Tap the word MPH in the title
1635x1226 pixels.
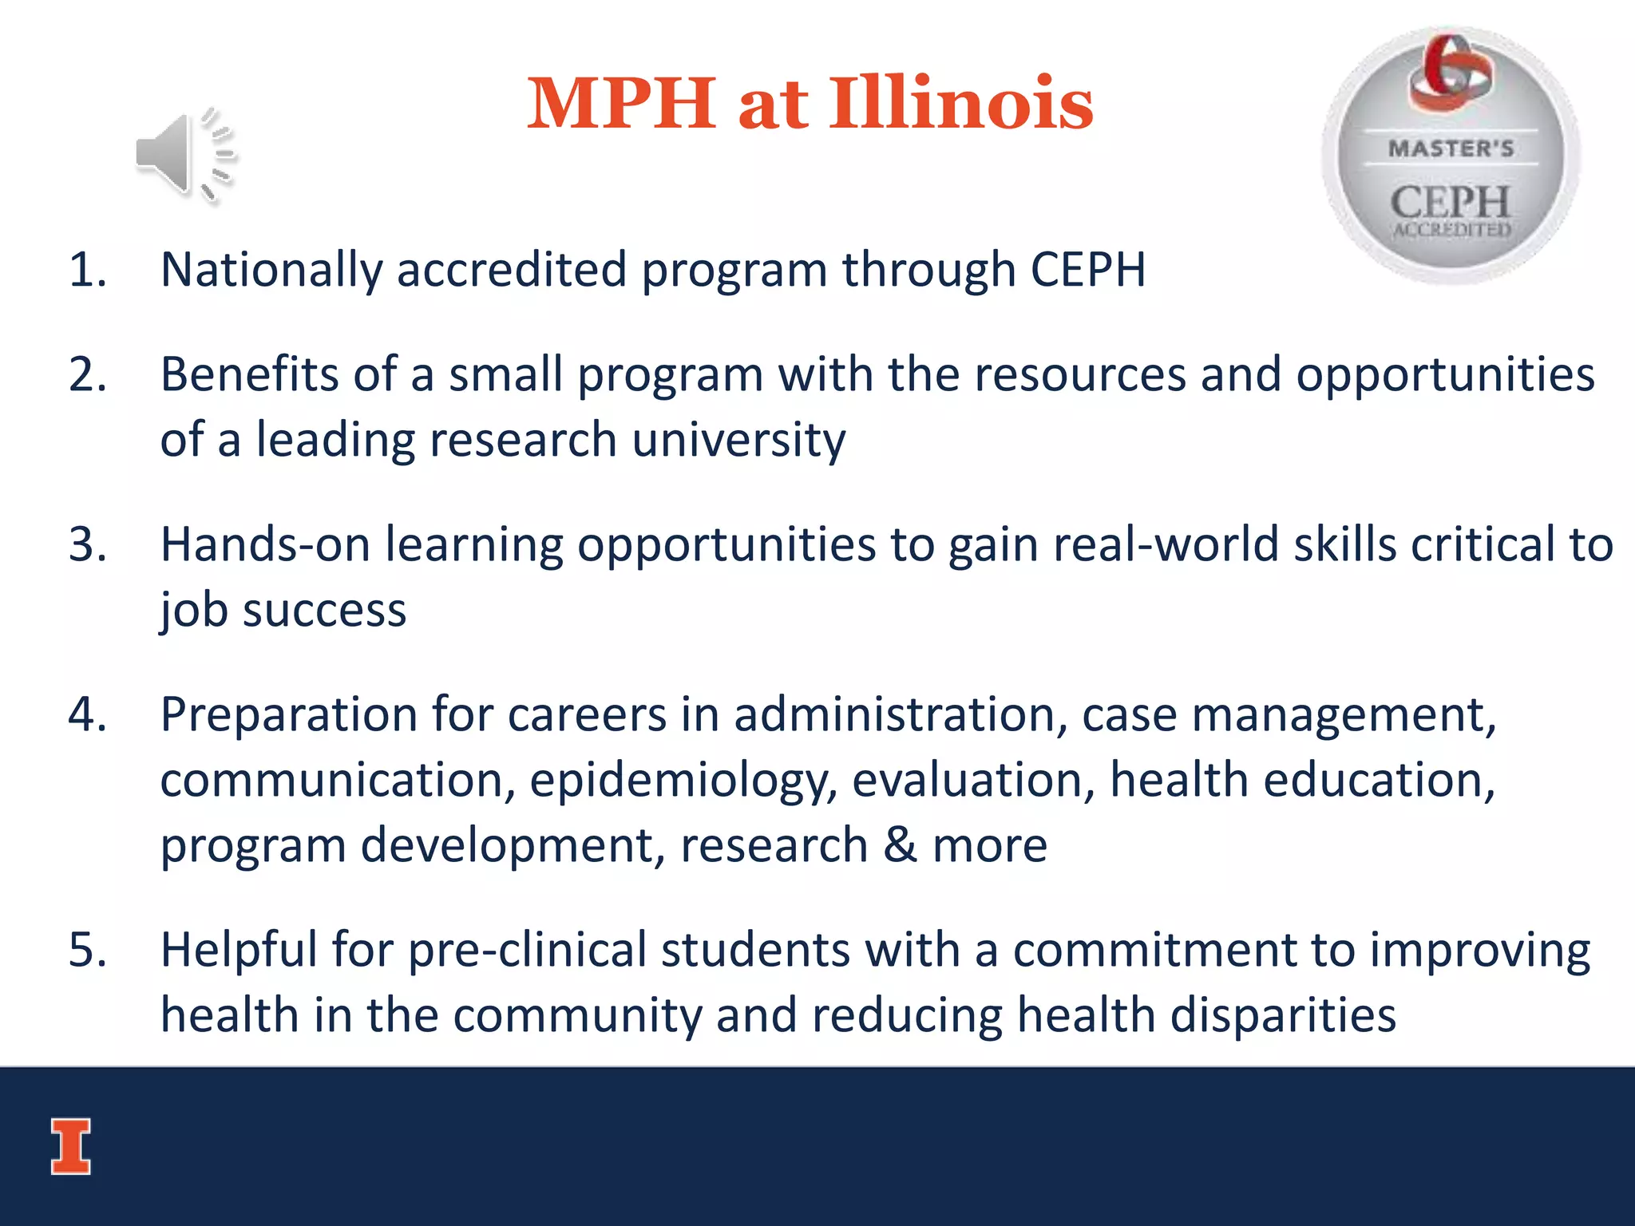621,104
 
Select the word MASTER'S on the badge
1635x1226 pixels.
1451,148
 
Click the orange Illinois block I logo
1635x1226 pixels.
71,1146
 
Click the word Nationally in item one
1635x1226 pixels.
271,270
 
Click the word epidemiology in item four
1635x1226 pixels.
683,781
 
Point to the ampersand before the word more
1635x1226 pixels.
900,845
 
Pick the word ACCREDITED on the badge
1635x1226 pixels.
1451,230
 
